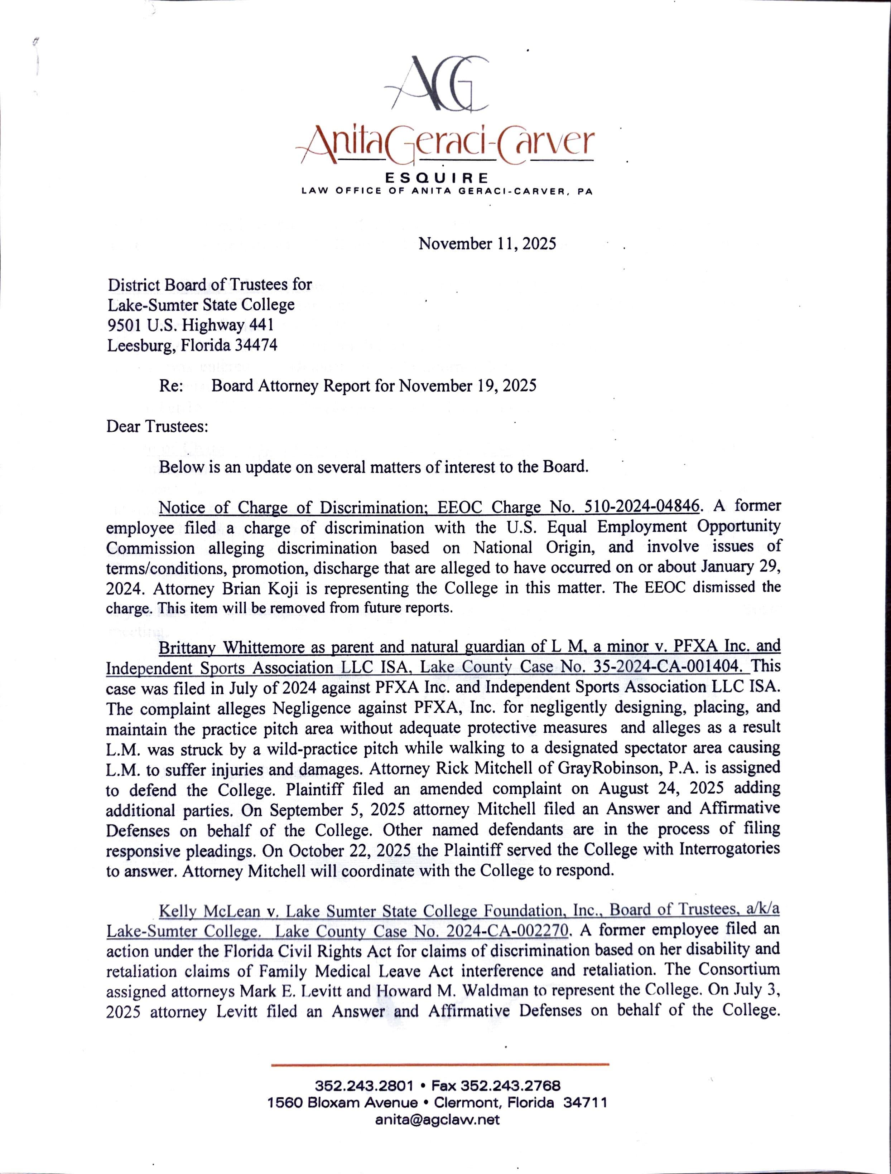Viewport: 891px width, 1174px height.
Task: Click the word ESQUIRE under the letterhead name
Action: [445, 177]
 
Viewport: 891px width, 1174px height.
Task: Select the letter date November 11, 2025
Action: [487, 244]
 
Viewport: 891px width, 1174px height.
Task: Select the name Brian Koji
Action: [271, 588]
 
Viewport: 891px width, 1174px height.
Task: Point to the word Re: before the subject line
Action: [171, 386]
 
